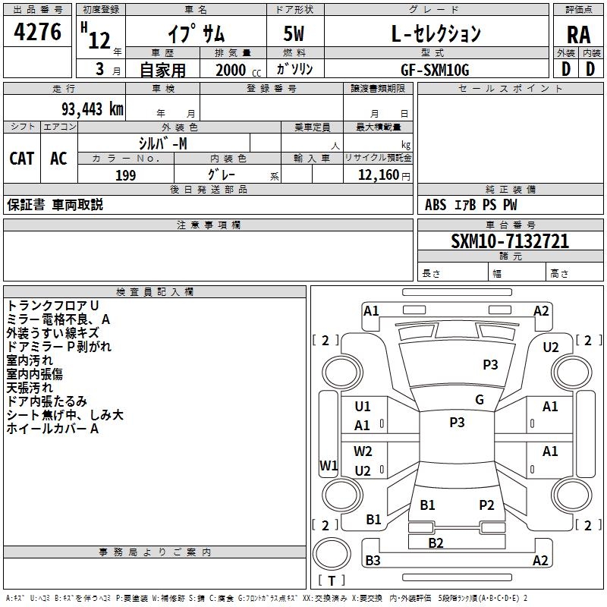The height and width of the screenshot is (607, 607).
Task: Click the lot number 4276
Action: [37, 32]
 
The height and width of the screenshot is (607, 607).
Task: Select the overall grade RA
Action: [578, 35]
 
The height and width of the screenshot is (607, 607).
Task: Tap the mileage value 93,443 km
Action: [92, 109]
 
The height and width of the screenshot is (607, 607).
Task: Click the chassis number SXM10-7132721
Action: [510, 241]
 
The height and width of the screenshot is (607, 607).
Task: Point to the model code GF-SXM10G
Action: [435, 70]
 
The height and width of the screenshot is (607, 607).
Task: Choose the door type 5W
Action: [294, 33]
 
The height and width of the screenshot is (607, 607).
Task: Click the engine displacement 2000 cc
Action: [238, 70]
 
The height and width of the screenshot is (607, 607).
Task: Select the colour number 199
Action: [126, 175]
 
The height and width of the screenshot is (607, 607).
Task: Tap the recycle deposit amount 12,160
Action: [379, 175]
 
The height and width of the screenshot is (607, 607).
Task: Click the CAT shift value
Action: [22, 159]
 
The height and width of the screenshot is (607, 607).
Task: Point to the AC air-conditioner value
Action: [58, 159]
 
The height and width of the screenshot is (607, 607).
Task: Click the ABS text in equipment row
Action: [436, 205]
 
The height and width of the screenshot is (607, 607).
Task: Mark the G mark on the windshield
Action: [480, 400]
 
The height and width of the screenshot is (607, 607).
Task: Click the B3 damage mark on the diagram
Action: [373, 560]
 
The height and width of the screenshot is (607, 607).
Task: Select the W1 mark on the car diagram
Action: [329, 465]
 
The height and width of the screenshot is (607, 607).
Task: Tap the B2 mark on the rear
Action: [436, 543]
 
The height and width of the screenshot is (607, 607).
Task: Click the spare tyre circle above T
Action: [332, 554]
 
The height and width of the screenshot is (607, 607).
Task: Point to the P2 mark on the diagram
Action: [486, 505]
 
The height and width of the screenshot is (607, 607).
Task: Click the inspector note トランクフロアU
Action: [52, 306]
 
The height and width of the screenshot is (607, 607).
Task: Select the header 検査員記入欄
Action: [155, 292]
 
